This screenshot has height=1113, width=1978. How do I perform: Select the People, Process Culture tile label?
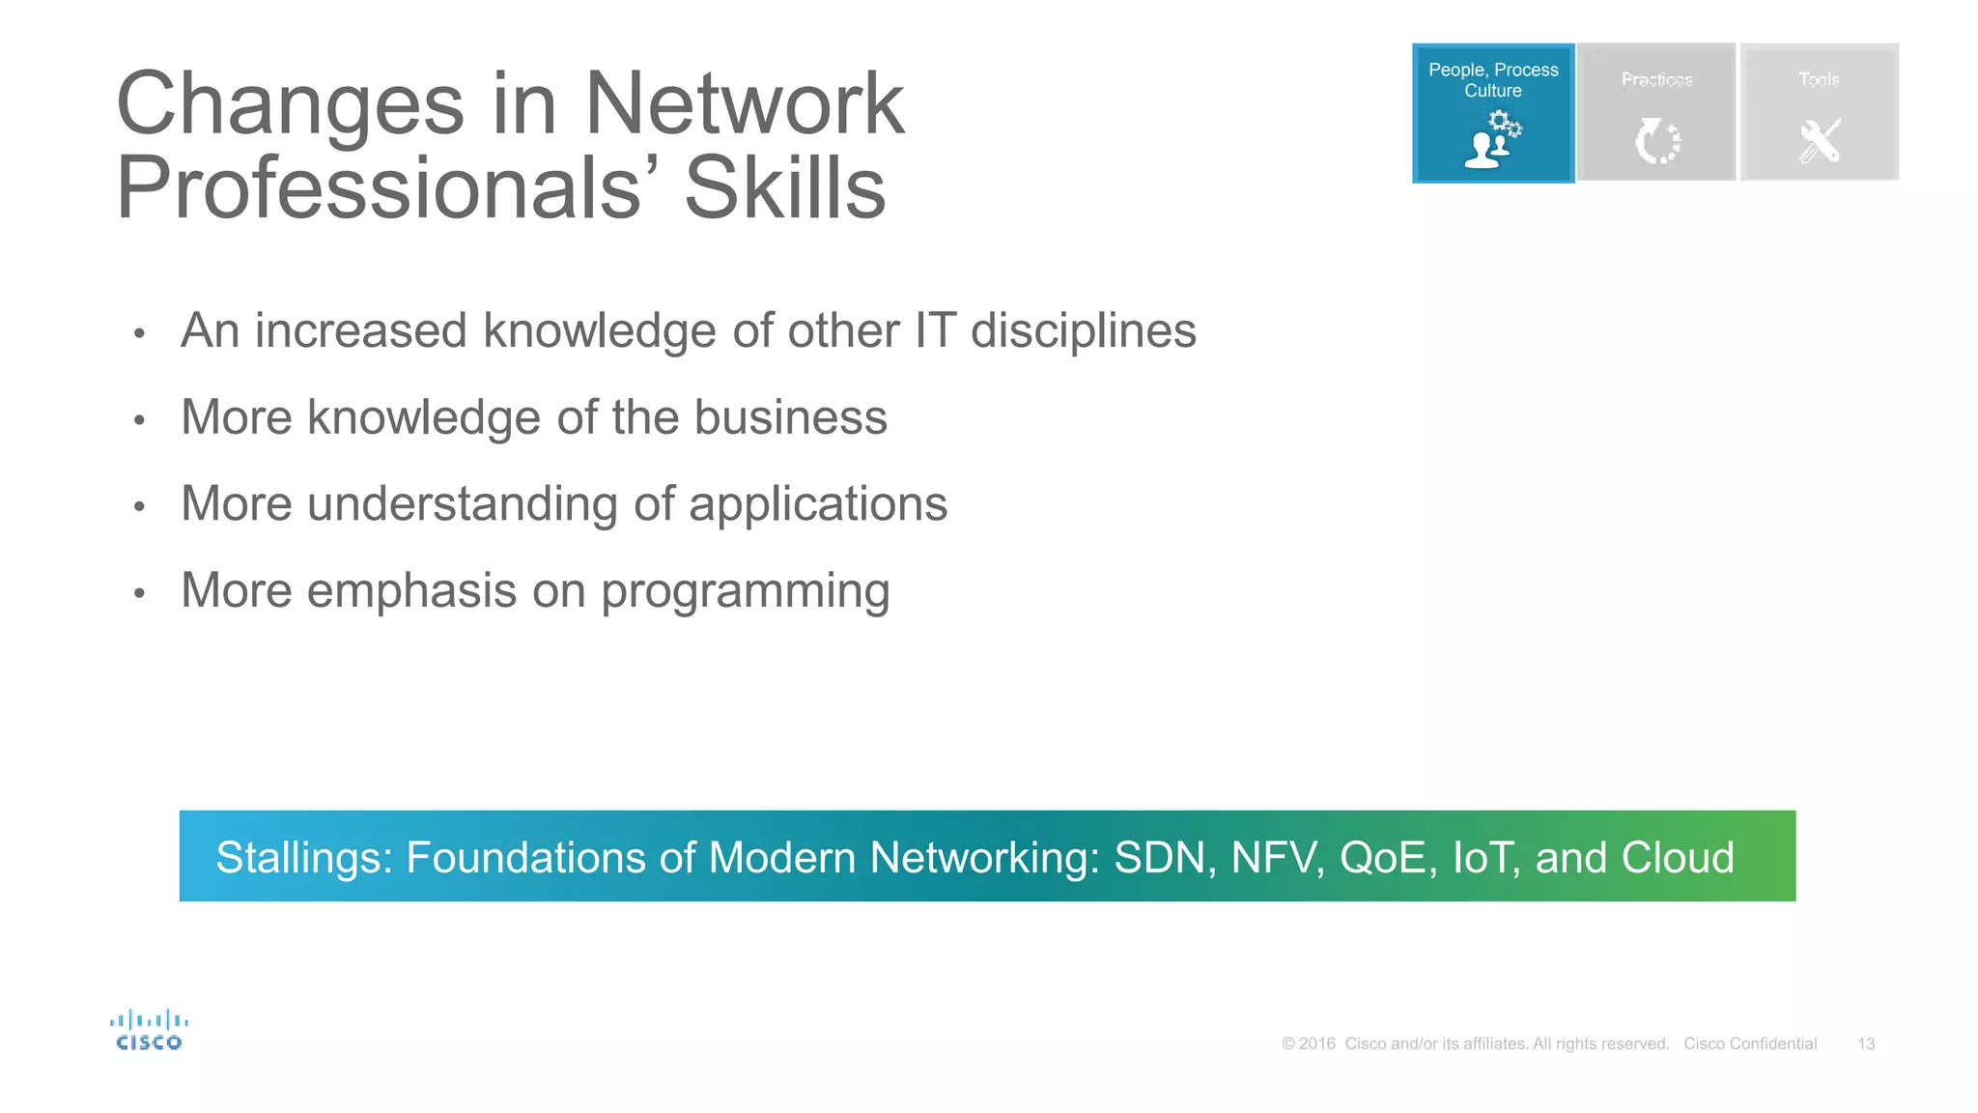(1492, 80)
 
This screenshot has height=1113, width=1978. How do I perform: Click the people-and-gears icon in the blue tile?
(1492, 140)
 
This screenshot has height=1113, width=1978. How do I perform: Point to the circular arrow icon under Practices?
(1657, 141)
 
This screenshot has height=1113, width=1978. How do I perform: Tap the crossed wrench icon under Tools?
(1820, 141)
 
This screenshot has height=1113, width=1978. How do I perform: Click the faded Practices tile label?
(1656, 79)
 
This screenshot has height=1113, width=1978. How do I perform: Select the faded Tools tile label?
(1819, 79)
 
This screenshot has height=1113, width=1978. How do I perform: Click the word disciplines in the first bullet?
(1083, 331)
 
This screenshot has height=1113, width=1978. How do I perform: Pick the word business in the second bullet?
(790, 417)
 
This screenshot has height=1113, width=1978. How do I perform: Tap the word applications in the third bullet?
(818, 504)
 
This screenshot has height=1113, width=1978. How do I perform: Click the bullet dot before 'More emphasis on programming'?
(139, 593)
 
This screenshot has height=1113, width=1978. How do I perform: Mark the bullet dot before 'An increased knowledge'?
(139, 334)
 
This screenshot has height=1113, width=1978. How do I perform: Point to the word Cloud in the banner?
(1678, 858)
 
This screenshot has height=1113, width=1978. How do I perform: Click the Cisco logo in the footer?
(149, 1030)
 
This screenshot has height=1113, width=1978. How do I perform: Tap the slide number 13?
(1866, 1043)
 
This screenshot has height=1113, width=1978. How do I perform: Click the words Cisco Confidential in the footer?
(1750, 1043)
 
